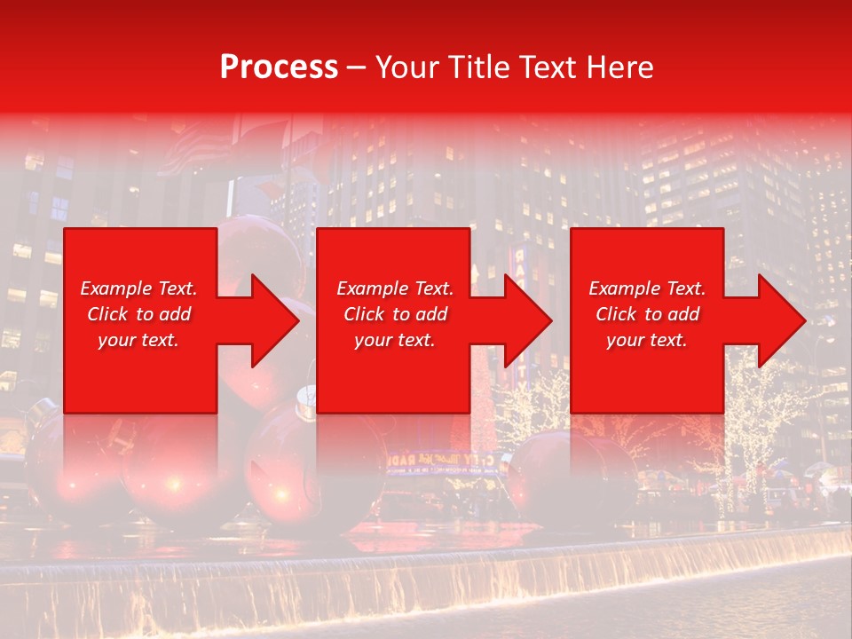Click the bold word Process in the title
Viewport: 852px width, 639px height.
coord(279,67)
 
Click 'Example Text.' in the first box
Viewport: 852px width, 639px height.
coord(138,288)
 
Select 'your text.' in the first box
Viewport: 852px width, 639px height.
coord(138,340)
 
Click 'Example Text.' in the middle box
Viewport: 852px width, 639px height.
coord(395,288)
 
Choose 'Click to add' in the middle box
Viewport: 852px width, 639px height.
coord(395,314)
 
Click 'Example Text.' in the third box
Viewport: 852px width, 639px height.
coord(647,288)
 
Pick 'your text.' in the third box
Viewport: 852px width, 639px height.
coord(647,340)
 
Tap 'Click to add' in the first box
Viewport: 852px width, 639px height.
coord(138,314)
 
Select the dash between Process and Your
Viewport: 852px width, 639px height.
coord(357,67)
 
